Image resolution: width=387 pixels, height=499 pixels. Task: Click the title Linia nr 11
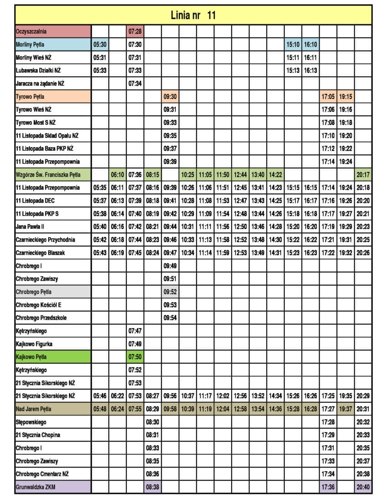[x=193, y=15]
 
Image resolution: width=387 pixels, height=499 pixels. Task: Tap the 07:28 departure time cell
[x=135, y=31]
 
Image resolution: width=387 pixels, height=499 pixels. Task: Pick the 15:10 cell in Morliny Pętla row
[x=293, y=45]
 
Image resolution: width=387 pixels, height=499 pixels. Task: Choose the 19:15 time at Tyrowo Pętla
[x=346, y=97]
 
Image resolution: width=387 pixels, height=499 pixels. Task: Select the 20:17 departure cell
[x=363, y=175]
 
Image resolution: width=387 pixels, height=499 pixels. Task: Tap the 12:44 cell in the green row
[x=240, y=175]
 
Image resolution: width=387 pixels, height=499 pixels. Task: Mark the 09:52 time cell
[x=170, y=292]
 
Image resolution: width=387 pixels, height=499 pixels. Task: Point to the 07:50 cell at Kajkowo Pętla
[x=135, y=357]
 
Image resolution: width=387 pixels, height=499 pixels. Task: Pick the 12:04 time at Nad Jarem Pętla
[x=223, y=409]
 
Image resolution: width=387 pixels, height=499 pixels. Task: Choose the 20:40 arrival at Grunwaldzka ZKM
[x=363, y=487]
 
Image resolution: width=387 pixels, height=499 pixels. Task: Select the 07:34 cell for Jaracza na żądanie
[x=135, y=83]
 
